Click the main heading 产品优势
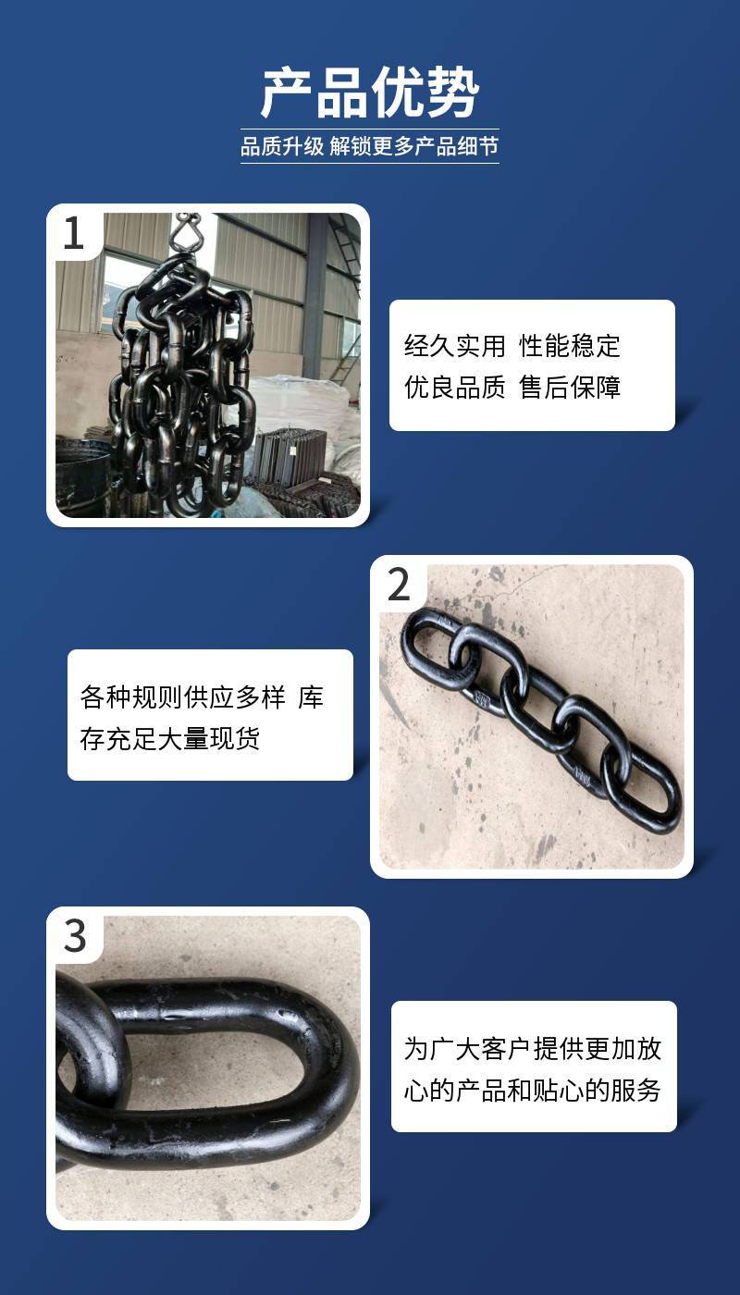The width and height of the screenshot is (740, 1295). [370, 92]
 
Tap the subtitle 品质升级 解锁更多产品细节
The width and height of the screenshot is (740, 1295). [369, 146]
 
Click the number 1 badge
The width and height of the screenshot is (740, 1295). [73, 233]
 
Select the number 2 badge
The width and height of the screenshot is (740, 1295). [399, 585]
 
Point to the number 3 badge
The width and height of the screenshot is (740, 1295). [75, 936]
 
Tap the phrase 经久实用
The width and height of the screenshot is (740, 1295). [454, 346]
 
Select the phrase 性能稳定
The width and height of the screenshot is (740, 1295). [570, 346]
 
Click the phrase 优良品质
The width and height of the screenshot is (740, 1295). [454, 387]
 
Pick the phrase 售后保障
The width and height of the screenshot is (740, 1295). [570, 387]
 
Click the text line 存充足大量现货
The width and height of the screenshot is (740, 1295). [170, 738]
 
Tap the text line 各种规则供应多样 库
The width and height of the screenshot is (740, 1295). [202, 697]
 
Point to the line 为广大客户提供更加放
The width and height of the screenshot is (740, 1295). [533, 1048]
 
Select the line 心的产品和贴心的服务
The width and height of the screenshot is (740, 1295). [533, 1090]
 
